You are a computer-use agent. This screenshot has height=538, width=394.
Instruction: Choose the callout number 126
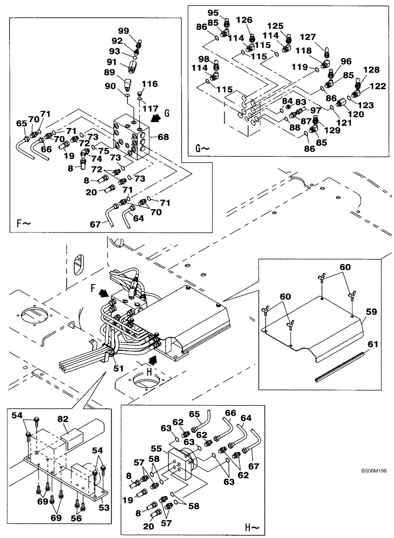(244, 20)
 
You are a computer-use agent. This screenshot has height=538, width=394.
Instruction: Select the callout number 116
(150, 84)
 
